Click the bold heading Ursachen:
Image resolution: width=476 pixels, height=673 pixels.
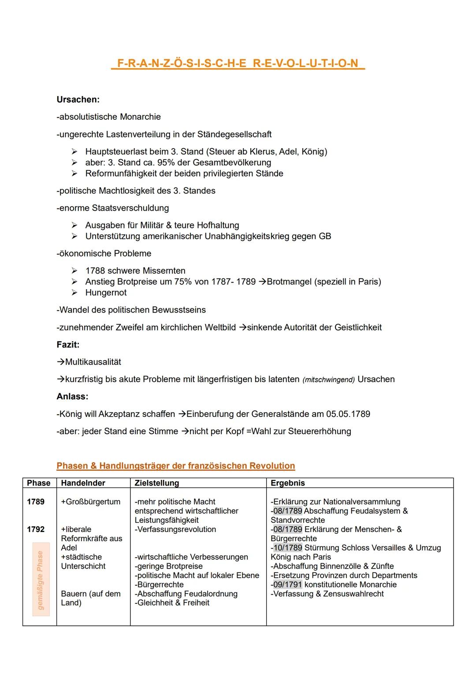click(78, 100)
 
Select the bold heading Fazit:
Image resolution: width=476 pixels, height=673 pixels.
click(68, 345)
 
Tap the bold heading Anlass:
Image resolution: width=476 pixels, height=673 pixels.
click(72, 397)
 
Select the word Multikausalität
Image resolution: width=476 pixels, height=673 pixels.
click(93, 362)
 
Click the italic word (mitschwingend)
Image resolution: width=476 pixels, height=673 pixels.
click(328, 380)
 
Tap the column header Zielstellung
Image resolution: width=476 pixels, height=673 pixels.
click(156, 483)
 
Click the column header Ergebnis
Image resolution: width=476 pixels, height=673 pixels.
click(287, 483)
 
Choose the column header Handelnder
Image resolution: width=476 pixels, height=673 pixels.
click(83, 483)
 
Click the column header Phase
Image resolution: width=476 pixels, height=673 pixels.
click(39, 483)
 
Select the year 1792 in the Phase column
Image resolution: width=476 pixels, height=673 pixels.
click(36, 529)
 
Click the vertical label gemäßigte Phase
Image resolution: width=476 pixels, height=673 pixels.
click(41, 580)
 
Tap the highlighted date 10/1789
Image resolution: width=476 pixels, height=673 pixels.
click(287, 548)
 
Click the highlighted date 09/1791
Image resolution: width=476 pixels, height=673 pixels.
click(287, 585)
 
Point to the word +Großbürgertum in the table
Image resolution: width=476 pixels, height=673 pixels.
click(90, 502)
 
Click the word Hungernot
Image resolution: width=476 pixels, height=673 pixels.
click(106, 293)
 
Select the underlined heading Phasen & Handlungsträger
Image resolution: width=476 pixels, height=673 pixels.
click(175, 466)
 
